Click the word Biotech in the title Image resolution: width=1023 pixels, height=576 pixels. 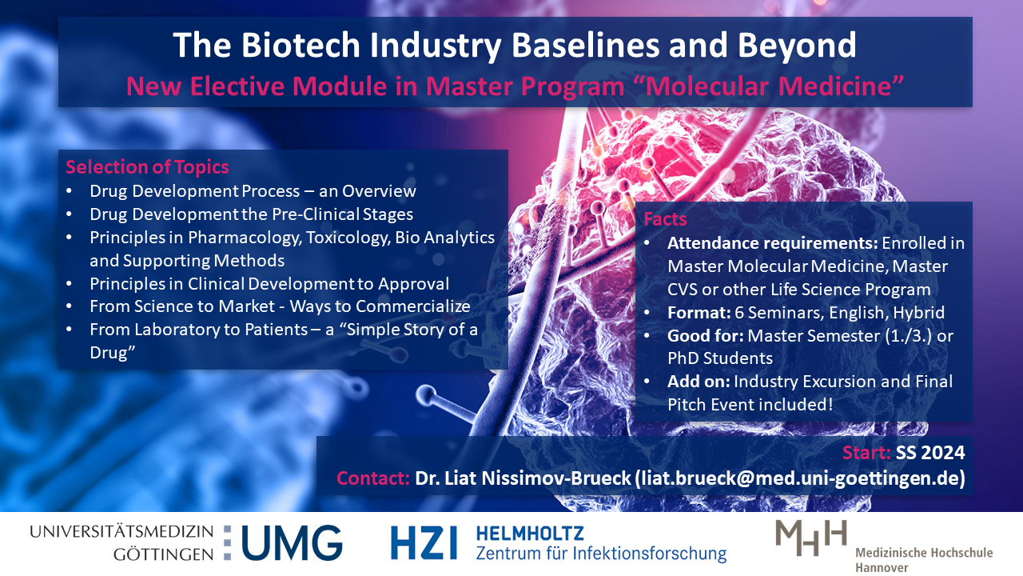click(x=301, y=45)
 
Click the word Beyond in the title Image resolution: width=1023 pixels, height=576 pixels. click(x=797, y=46)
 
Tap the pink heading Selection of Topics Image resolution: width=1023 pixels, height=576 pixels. click(x=147, y=167)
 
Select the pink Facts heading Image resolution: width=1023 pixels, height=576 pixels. click(x=665, y=219)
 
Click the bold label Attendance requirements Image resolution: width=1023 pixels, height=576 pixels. click(x=772, y=243)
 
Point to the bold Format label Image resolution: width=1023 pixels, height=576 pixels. click(x=699, y=313)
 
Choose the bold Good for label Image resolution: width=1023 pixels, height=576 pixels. click(x=705, y=336)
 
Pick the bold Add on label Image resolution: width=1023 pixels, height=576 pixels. click(x=699, y=382)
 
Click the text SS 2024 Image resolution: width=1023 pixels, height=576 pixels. click(x=930, y=453)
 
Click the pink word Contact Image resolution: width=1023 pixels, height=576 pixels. click(x=372, y=478)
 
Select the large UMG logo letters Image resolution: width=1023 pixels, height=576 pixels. click(x=292, y=543)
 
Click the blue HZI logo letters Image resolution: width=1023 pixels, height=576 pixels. click(x=424, y=542)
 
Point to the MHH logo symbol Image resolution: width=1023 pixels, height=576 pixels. click(x=811, y=538)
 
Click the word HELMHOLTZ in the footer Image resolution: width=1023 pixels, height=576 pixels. click(x=530, y=534)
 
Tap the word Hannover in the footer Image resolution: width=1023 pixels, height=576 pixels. click(x=882, y=568)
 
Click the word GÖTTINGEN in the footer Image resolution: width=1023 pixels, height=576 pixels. click(x=164, y=554)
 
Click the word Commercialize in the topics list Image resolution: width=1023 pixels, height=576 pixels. click(x=413, y=306)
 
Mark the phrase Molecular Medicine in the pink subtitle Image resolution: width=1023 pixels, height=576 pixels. click(x=769, y=86)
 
